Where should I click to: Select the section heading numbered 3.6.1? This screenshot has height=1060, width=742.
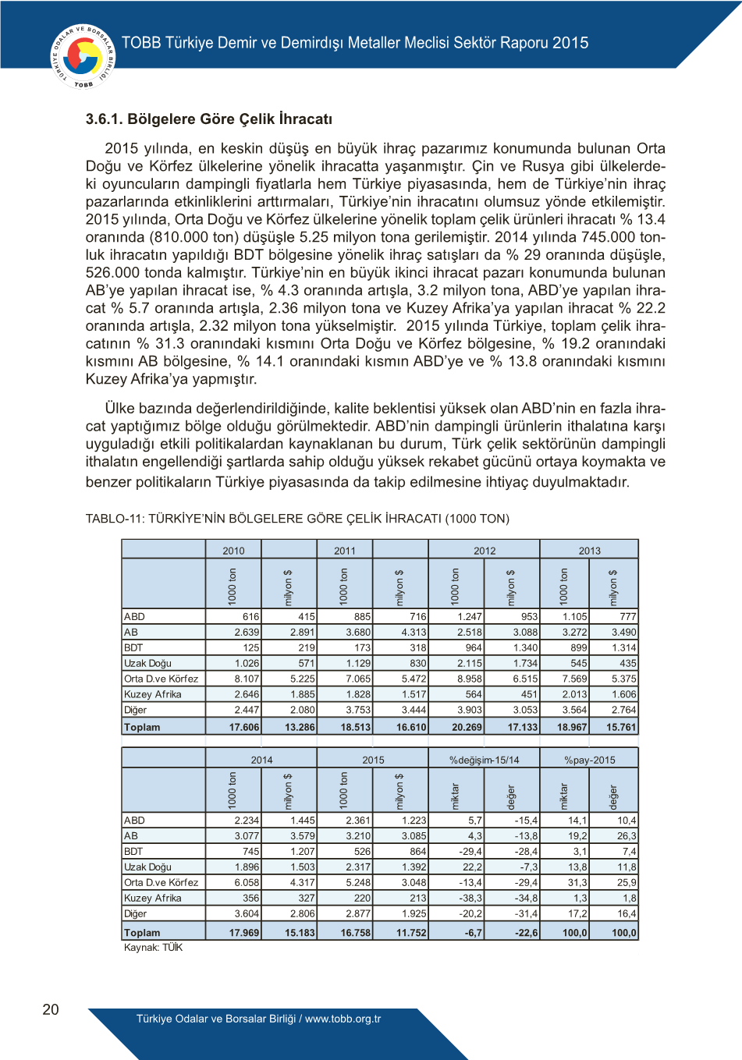tap(209, 119)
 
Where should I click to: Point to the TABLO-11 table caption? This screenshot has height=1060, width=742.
tap(297, 519)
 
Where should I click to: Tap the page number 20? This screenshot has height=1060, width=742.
tap(51, 1009)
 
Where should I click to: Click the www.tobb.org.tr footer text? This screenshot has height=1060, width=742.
tap(343, 1019)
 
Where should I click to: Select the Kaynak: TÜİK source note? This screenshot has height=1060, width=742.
tap(153, 948)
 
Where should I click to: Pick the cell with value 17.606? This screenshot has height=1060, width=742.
tap(244, 727)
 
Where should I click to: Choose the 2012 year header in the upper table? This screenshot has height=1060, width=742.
tap(484, 551)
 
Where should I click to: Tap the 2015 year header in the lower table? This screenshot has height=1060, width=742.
tap(373, 760)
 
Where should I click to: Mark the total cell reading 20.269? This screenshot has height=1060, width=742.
tap(467, 727)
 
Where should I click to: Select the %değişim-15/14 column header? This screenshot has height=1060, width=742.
tap(484, 760)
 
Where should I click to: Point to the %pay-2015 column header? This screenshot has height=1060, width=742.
tap(589, 760)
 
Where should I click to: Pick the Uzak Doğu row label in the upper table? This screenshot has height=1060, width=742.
tap(147, 663)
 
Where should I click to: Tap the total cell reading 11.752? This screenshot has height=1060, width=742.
tap(411, 933)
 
